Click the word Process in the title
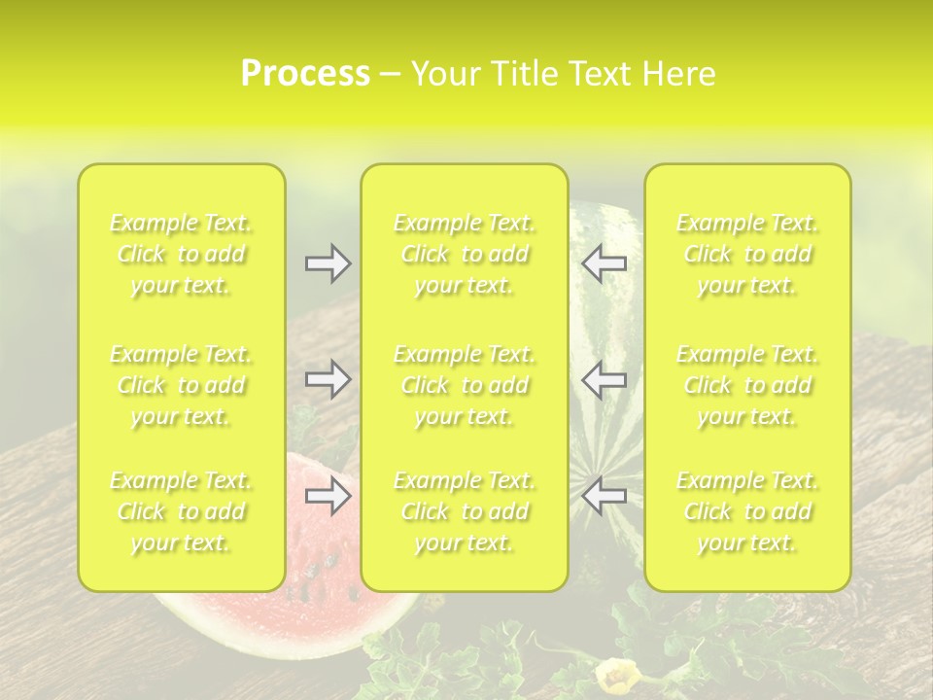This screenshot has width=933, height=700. click(305, 74)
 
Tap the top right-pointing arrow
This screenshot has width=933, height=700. click(328, 262)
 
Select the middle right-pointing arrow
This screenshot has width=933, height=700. click(328, 380)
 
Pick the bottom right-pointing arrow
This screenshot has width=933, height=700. click(328, 497)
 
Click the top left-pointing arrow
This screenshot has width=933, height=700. click(604, 262)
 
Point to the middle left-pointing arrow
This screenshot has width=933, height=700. click(604, 380)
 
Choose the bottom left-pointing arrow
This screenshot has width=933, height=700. click(604, 497)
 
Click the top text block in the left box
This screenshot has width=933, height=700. click(181, 255)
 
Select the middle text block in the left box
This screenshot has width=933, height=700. click(181, 385)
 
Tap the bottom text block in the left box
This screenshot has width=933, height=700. click(181, 511)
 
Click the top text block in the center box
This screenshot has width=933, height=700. click(464, 255)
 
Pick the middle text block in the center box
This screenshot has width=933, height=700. click(464, 385)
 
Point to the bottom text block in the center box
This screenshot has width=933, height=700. click(464, 511)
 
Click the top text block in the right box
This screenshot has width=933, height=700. click(747, 255)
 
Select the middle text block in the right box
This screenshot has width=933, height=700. click(747, 385)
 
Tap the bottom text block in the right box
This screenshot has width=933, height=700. click(747, 511)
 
